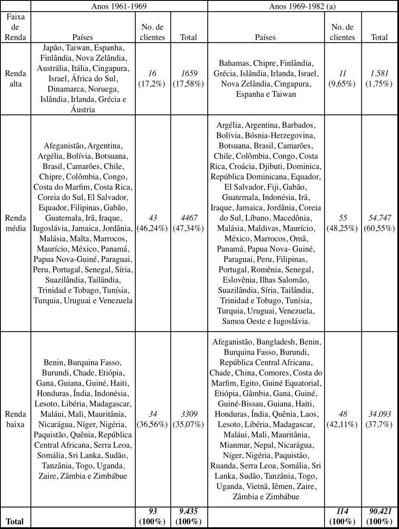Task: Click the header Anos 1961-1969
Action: [119, 6]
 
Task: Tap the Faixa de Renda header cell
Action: [16, 27]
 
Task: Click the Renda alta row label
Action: [16, 78]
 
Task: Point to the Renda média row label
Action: [16, 223]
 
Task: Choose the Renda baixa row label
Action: [16, 418]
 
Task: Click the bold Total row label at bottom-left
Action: [15, 521]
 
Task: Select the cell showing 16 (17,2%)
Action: [153, 78]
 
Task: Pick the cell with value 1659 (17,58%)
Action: [188, 78]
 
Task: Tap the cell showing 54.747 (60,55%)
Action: [379, 223]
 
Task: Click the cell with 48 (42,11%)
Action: [343, 418]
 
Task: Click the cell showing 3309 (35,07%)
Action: [188, 418]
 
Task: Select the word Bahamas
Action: [233, 63]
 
